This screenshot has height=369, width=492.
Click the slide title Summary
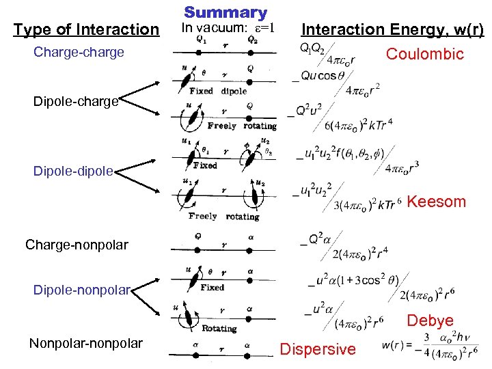[x=225, y=12]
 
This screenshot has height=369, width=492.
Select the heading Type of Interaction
[x=85, y=29]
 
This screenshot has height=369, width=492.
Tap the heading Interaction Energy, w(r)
[x=392, y=29]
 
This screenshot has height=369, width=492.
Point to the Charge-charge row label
[x=79, y=52]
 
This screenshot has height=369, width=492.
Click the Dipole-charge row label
[x=76, y=102]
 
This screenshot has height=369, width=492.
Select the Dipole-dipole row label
[x=73, y=172]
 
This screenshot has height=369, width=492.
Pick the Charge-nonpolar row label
[x=77, y=244]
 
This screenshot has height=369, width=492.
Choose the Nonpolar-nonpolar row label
[x=86, y=343]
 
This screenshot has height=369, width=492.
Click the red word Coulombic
[x=424, y=54]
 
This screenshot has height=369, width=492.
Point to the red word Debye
[x=430, y=320]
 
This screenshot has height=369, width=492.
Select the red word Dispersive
[x=318, y=349]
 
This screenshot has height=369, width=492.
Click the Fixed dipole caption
[x=219, y=91]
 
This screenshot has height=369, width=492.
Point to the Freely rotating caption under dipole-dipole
[x=223, y=217]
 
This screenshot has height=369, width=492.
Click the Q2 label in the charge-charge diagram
[x=252, y=40]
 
